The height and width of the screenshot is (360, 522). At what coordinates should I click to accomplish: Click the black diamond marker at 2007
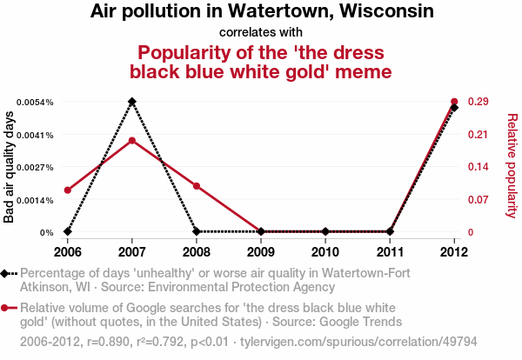pyautogui.click(x=131, y=102)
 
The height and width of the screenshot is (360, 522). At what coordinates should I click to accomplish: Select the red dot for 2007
pyautogui.click(x=131, y=140)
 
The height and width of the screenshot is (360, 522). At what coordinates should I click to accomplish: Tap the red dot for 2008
pyautogui.click(x=197, y=186)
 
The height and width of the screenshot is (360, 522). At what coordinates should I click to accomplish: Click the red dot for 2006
pyautogui.click(x=67, y=190)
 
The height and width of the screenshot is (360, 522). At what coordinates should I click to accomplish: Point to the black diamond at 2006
pyautogui.click(x=67, y=232)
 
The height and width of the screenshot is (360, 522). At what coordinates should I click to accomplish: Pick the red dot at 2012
pyautogui.click(x=454, y=102)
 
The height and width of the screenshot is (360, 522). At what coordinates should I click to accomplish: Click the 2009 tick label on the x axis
pyautogui.click(x=261, y=252)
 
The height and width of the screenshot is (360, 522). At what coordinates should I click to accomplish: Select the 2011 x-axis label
pyautogui.click(x=390, y=252)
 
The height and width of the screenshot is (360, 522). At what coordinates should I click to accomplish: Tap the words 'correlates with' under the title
pyautogui.click(x=260, y=32)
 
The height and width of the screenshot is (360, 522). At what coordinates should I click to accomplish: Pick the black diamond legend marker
pyautogui.click(x=6, y=274)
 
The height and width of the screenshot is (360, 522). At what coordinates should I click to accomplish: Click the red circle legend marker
pyautogui.click(x=6, y=308)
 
